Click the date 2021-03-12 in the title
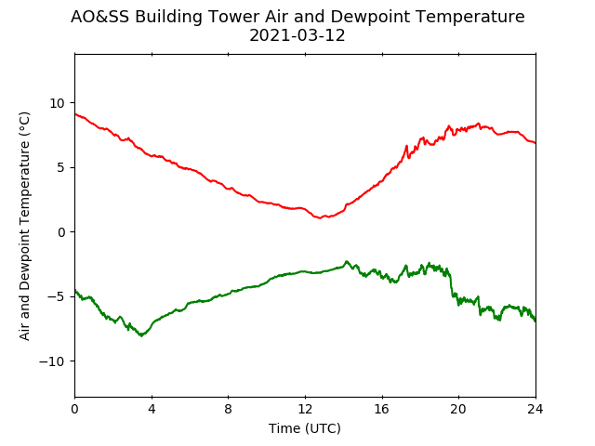297,35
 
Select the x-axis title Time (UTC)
305,428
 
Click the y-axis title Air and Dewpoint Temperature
24,226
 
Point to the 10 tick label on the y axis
57,103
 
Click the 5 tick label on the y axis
61,167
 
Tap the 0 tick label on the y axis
61,232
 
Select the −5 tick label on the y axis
56,296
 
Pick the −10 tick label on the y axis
52,361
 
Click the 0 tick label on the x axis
74,410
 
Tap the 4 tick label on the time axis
152,410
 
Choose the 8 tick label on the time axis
229,410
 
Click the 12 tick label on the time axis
305,410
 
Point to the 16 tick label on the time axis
382,410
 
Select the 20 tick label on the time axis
458,410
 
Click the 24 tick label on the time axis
535,410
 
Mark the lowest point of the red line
320,218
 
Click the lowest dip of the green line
141,335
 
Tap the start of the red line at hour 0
75,113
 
